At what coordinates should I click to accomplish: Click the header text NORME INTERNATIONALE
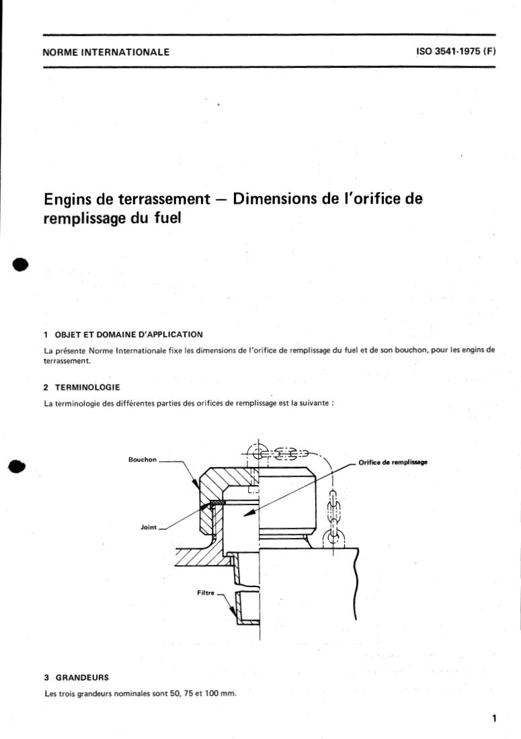106,52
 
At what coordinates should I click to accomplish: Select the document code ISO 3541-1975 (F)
455,52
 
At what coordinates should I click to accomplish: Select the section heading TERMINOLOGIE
87,388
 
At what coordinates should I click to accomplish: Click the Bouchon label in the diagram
142,460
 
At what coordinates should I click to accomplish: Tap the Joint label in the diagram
148,527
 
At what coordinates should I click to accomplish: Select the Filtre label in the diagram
205,593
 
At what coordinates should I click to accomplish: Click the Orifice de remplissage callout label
393,462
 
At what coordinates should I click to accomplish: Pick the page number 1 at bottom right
494,719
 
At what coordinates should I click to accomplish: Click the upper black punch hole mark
21,263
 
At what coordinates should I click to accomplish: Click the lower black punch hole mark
19,467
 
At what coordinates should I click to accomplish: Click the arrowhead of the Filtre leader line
233,615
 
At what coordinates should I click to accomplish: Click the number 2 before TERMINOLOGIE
46,388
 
